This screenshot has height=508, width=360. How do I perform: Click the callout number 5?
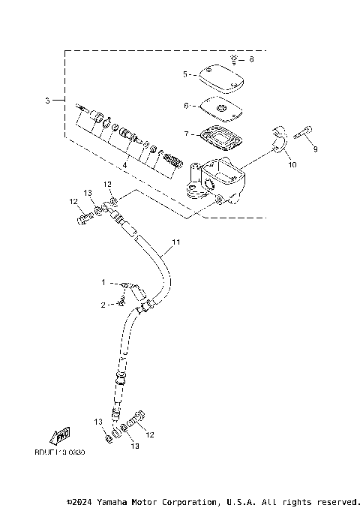184,74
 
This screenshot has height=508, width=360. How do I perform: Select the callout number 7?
184,134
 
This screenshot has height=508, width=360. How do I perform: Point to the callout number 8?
251,59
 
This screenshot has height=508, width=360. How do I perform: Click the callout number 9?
315,149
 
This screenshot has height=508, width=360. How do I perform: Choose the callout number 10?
292,164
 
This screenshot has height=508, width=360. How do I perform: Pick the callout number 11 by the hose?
177,242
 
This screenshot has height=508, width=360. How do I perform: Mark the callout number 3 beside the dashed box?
47,100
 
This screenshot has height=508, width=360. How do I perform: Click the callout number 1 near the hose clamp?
103,283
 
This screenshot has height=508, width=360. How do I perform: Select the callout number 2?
103,304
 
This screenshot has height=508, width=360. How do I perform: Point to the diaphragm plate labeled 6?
221,109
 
